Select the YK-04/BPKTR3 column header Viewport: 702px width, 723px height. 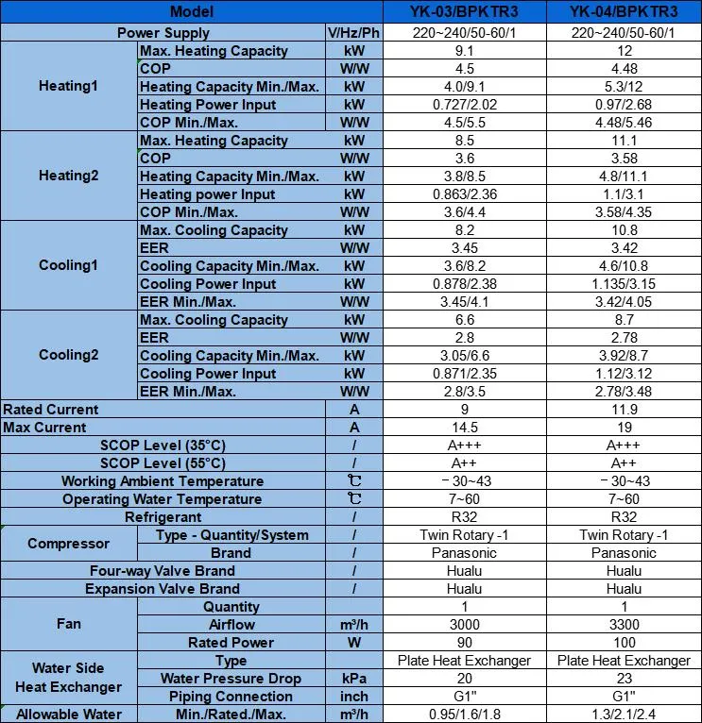(x=624, y=12)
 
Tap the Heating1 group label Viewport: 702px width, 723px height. (x=68, y=86)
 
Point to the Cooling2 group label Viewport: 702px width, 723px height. (x=68, y=355)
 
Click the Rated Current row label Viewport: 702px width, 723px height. (x=51, y=410)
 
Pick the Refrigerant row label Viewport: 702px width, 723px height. (x=163, y=517)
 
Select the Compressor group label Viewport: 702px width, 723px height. (x=68, y=544)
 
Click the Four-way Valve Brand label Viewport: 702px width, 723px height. (x=163, y=571)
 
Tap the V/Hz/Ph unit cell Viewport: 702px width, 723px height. (x=354, y=33)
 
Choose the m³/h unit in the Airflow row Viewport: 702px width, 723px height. (x=354, y=625)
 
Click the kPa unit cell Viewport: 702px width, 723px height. (x=354, y=679)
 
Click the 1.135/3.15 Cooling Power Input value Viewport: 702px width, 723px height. (x=624, y=284)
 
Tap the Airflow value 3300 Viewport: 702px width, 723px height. (x=624, y=625)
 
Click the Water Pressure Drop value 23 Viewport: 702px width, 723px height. (x=624, y=679)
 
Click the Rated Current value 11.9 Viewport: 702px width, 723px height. (x=624, y=410)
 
